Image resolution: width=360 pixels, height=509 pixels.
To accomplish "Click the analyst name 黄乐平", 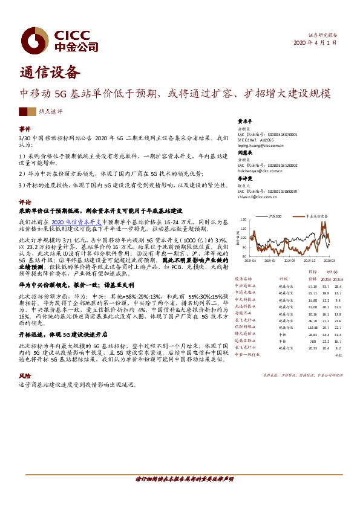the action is [244, 120].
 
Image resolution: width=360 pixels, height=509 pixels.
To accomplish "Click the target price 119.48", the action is [312, 327].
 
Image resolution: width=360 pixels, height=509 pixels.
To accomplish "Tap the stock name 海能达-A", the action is [243, 313].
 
